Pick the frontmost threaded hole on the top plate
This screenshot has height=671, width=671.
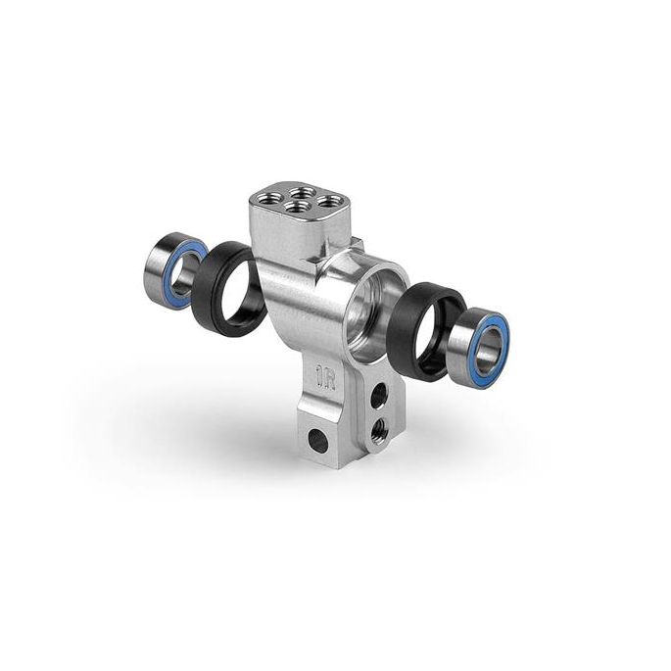(297, 209)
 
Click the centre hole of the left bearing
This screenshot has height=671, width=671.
(182, 271)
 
